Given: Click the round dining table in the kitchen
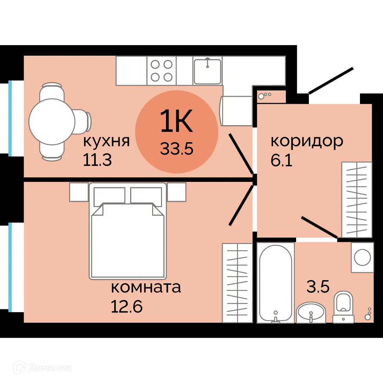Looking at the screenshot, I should pos(52,121).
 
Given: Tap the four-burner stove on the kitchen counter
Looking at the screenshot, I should pos(161,71).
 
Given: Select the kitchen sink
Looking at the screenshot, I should pos(207,71).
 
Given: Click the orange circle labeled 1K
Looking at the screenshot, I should pos(176,132).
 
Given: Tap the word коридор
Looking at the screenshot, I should pos(307,141).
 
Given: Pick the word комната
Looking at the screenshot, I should pos(146,287).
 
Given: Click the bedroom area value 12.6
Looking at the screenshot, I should pos(127,306).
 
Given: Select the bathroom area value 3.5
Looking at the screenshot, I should pos(318,287).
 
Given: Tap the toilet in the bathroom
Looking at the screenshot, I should pos(343,307).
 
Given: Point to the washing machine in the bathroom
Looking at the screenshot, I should pos(362,257).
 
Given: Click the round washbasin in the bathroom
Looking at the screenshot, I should pos(311,312).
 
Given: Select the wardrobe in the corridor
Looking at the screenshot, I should pos(357,199).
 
